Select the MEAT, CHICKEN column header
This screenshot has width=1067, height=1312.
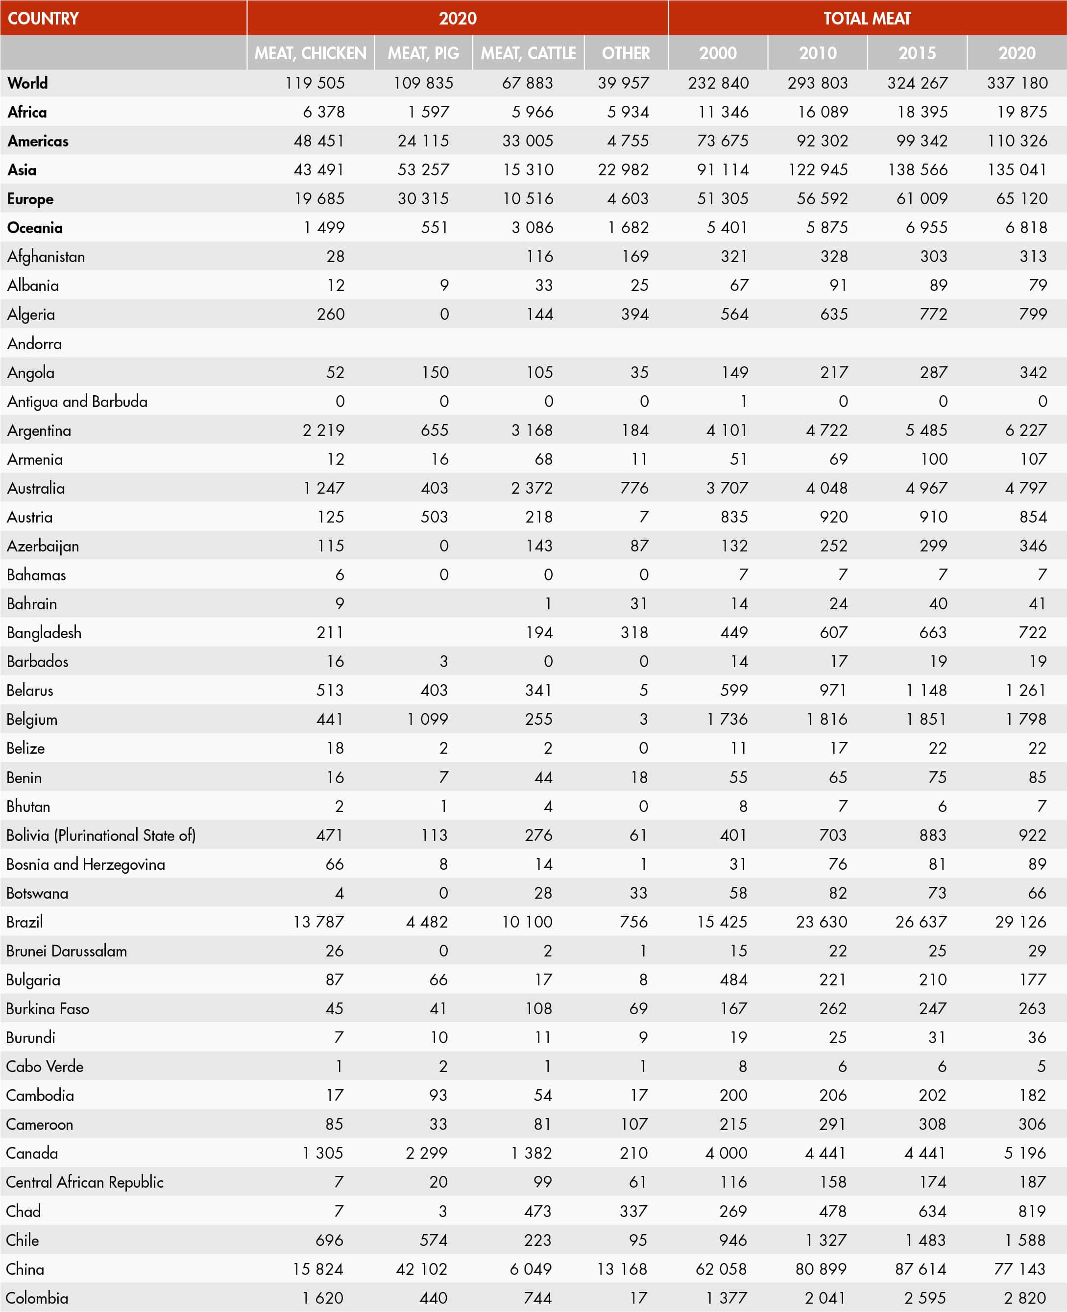click(311, 53)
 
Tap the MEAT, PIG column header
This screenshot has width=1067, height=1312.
click(423, 53)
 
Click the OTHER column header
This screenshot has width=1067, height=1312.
click(626, 53)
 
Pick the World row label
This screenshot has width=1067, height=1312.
click(27, 83)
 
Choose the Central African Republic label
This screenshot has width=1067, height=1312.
click(85, 1182)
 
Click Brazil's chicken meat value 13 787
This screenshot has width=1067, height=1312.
click(318, 922)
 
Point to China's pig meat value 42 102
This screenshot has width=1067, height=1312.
click(422, 1269)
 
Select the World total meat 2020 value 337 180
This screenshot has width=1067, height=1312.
click(1017, 83)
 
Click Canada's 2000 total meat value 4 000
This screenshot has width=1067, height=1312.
click(726, 1153)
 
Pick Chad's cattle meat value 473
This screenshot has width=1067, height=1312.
click(538, 1212)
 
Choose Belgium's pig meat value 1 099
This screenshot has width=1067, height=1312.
click(427, 719)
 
